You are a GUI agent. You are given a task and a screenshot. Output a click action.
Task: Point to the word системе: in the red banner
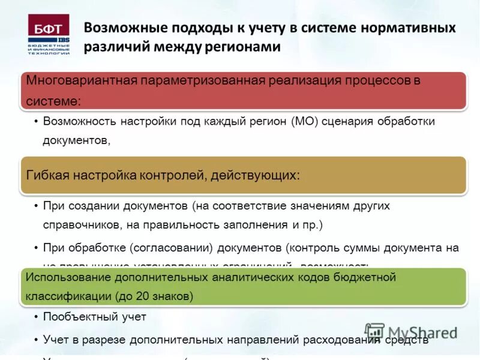(x=53, y=100)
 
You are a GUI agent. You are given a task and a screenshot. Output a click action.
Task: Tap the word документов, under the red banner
(x=76, y=141)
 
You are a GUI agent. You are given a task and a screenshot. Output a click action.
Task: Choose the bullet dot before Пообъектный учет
(x=36, y=317)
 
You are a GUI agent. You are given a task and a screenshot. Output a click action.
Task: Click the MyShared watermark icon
(x=374, y=332)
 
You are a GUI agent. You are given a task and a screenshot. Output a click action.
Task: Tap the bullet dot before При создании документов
(x=36, y=206)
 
